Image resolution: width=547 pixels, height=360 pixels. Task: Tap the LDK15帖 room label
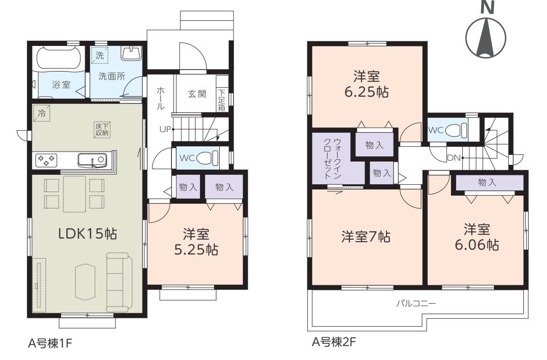(87, 234)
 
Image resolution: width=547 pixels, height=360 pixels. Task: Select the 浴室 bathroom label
(61, 84)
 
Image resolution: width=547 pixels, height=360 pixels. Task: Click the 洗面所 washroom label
(112, 76)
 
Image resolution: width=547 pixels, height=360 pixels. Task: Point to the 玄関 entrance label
(197, 93)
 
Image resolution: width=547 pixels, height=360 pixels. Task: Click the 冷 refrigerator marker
(42, 113)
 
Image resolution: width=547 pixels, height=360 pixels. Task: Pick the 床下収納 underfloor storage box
(102, 129)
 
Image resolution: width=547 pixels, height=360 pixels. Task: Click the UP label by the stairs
(165, 129)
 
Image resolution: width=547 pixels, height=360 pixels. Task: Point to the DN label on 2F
(454, 158)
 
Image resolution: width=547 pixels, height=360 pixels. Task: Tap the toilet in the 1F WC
(207, 158)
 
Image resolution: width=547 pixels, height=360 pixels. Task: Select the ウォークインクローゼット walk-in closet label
(332, 159)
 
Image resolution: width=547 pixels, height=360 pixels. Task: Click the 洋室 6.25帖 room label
(367, 84)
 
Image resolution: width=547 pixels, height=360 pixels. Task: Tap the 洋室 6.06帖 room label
(476, 237)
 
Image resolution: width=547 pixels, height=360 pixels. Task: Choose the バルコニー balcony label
(416, 303)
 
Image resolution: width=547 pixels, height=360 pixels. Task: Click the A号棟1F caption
(50, 343)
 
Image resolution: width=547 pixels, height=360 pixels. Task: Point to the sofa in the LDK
(119, 282)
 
